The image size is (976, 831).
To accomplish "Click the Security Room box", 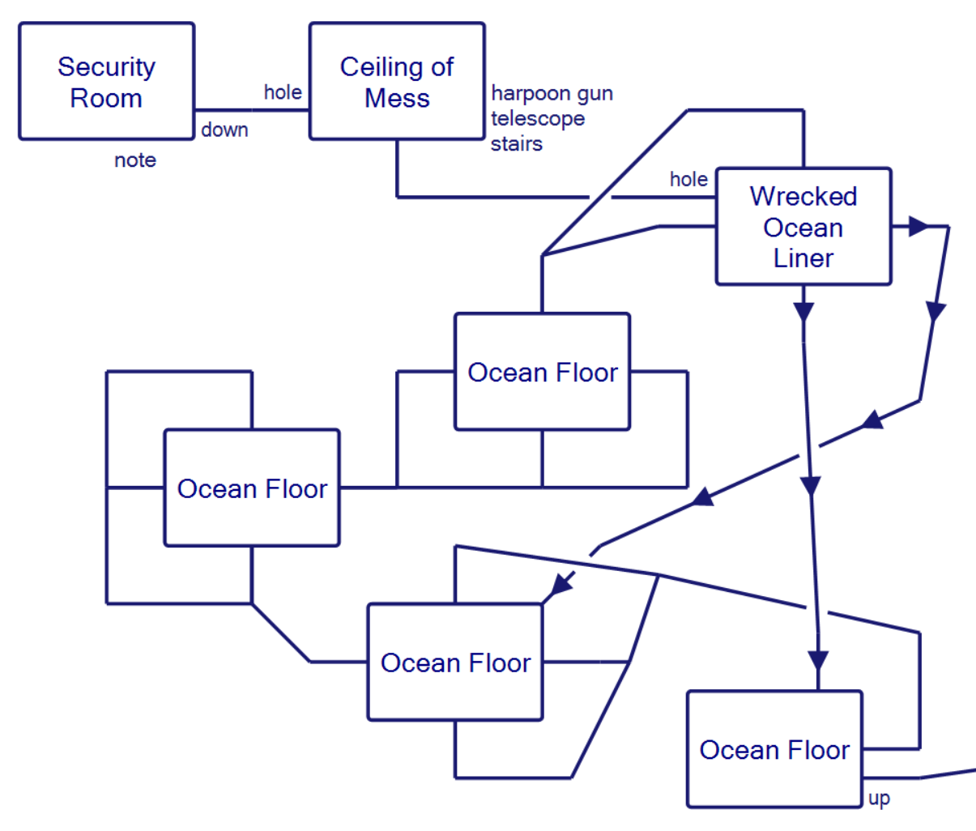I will (106, 81).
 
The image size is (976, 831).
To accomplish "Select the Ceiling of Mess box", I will (397, 81).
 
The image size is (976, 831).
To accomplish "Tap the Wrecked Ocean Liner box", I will (803, 227).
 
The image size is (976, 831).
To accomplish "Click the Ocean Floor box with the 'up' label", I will (774, 749).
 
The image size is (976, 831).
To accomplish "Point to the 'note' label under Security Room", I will (135, 160).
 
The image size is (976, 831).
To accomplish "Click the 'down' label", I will (224, 130).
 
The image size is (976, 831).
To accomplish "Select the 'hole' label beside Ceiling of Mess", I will (283, 92).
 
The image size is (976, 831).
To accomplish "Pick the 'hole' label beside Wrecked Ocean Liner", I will (688, 179).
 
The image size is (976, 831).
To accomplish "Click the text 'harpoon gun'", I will (552, 94).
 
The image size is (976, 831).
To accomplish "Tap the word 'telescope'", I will (538, 119).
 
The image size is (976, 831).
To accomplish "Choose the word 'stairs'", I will (517, 144).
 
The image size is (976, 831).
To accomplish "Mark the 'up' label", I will (879, 799).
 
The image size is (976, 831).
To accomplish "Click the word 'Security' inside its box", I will (106, 66).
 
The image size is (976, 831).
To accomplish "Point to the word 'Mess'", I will (397, 98).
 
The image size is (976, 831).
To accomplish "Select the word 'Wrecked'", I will (803, 197).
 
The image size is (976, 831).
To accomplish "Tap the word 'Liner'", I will (803, 258).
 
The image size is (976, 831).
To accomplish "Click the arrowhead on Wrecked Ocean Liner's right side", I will (918, 227).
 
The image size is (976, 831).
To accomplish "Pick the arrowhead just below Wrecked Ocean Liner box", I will (803, 312).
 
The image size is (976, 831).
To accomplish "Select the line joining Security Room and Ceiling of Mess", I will (251, 110).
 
